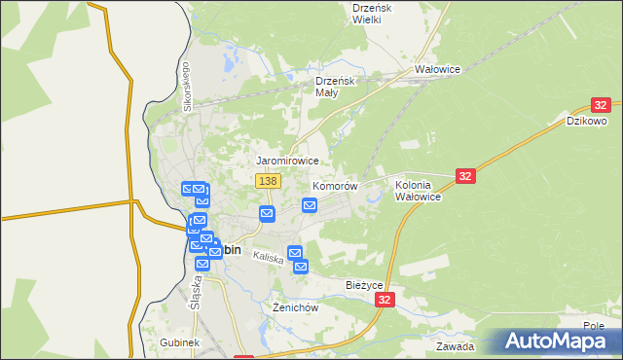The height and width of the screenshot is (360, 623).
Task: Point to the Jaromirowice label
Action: click(x=287, y=160)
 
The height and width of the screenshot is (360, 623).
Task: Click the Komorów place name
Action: click(x=335, y=185)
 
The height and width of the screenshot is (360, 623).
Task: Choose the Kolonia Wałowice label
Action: click(x=419, y=190)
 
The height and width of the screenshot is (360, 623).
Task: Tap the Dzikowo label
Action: click(x=588, y=122)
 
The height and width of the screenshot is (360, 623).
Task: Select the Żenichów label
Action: click(x=295, y=307)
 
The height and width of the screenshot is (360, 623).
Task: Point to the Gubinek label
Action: click(x=179, y=343)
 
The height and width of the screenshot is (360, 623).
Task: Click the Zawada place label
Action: click(x=455, y=346)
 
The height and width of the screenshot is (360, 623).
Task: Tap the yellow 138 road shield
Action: click(x=269, y=181)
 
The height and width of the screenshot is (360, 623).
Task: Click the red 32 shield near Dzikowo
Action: click(x=601, y=105)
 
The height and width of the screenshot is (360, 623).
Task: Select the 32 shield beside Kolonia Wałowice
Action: click(x=465, y=175)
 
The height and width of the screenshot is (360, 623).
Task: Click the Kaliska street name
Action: click(x=268, y=258)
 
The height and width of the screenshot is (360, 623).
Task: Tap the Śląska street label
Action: click(x=196, y=290)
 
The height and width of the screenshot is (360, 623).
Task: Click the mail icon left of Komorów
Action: click(x=310, y=204)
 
